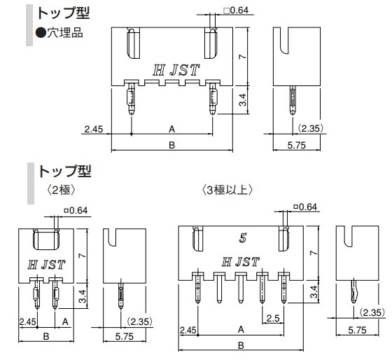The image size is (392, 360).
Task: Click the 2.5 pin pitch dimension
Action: pyautogui.click(x=273, y=318)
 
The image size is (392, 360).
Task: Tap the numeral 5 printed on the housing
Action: pyautogui.click(x=242, y=237)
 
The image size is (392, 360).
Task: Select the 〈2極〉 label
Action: pyautogui.click(x=61, y=191)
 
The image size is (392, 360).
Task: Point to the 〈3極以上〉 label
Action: pyautogui.click(x=227, y=191)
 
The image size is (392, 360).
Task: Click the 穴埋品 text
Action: pyautogui.click(x=65, y=33)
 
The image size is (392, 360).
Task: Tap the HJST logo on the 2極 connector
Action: pyautogui.click(x=46, y=265)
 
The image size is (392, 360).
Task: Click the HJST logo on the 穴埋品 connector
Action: pyautogui.click(x=176, y=70)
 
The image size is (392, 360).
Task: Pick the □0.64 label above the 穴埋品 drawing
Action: pyautogui.click(x=236, y=11)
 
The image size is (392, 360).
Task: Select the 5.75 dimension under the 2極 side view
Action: pyautogui.click(x=125, y=336)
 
